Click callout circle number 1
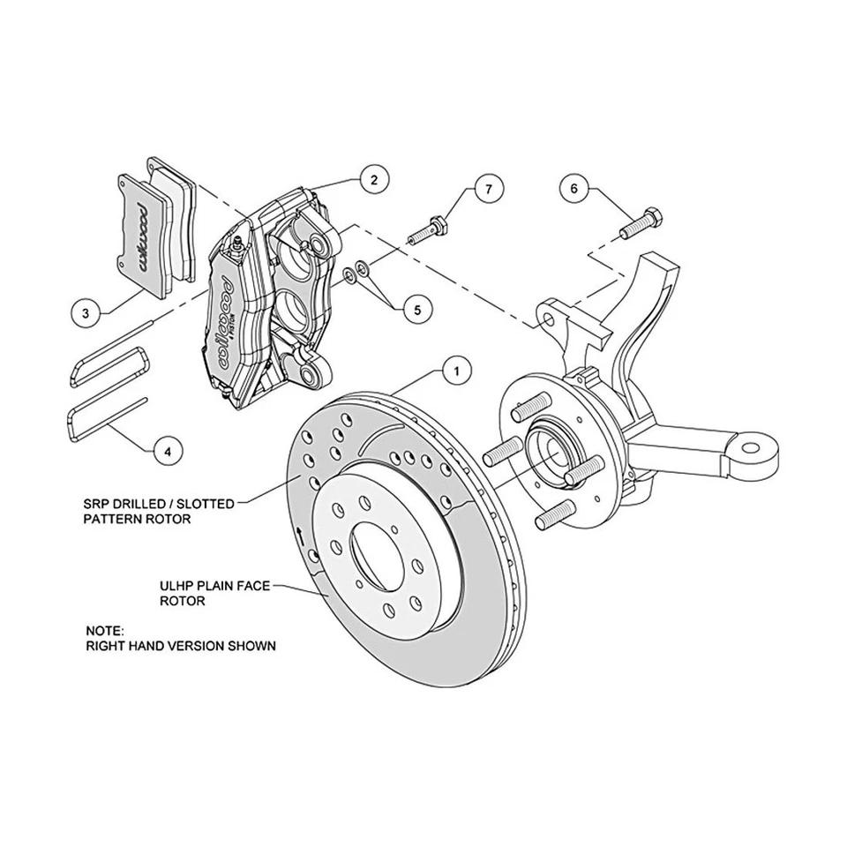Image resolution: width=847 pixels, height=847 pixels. (456, 371)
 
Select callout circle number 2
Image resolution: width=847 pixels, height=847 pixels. (374, 180)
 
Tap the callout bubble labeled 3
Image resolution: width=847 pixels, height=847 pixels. (86, 312)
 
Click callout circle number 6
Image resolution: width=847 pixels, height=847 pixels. (573, 188)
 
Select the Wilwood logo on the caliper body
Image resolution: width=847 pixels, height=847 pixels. (220, 320)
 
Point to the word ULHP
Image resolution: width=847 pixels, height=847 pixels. (177, 585)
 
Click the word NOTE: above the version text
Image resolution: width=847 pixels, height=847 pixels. (105, 631)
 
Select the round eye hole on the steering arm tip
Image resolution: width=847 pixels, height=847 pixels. (751, 449)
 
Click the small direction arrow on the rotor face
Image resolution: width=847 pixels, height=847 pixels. (303, 534)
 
